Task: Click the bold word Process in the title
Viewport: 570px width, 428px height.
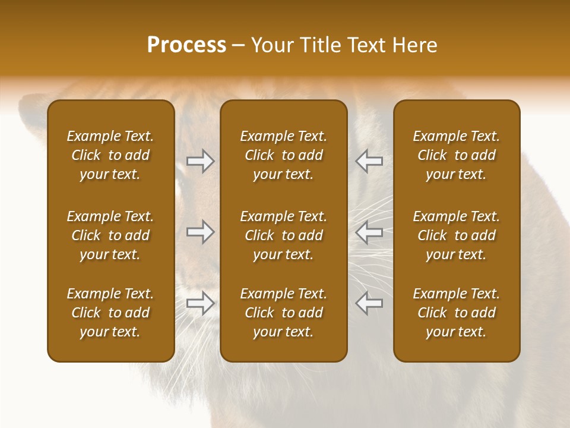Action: tap(186, 45)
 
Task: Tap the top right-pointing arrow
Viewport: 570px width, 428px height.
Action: tap(201, 161)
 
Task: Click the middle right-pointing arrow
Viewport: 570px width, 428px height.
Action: tap(201, 232)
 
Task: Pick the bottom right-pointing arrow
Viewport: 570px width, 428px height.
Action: tap(201, 303)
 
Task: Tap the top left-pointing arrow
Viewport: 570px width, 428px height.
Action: tap(369, 161)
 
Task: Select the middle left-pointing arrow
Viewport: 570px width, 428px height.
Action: tap(369, 232)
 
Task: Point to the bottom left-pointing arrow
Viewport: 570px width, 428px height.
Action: tap(369, 303)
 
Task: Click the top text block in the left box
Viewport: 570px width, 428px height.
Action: tap(110, 155)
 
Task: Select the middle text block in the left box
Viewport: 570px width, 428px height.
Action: tap(110, 235)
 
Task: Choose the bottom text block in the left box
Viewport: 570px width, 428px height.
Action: tap(110, 313)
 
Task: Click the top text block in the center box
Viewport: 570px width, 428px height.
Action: tap(283, 155)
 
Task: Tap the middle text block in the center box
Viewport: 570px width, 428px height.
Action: tap(283, 235)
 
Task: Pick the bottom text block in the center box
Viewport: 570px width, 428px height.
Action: tap(283, 313)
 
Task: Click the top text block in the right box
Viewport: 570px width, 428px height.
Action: tap(456, 155)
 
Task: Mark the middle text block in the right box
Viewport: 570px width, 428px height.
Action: tap(456, 235)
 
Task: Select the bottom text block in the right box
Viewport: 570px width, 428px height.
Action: tap(456, 313)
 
